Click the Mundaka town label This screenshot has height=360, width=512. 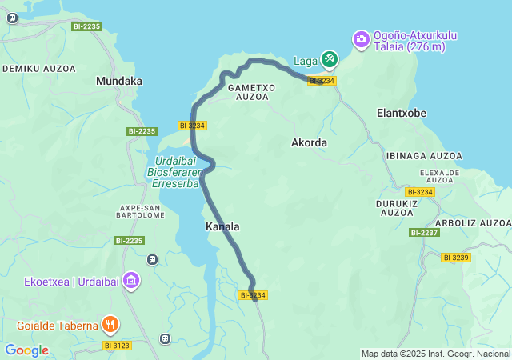[x=118, y=81]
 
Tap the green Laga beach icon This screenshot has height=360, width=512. [x=330, y=58]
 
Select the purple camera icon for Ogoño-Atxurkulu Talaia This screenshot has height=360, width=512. [x=362, y=38]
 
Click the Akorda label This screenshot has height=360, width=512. [x=309, y=142]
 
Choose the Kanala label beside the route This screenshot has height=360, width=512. [x=222, y=227]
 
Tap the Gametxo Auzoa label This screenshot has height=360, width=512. [x=251, y=91]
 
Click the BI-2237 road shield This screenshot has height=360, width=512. [x=424, y=233]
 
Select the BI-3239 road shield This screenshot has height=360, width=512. [x=456, y=257]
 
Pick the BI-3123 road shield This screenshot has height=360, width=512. [x=118, y=346]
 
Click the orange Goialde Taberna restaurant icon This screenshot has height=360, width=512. [x=110, y=325]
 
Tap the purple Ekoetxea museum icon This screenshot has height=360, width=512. [x=132, y=281]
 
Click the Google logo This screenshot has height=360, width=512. [x=26, y=350]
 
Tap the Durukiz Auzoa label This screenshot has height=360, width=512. [x=398, y=208]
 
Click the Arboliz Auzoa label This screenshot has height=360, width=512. [x=473, y=222]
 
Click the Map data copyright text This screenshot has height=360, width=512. [x=435, y=354]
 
